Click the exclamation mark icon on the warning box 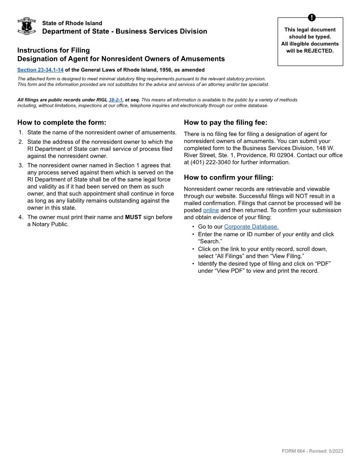tap(311, 18)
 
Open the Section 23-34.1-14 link tap(41, 70)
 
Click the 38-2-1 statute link tap(116, 100)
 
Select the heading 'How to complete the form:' tap(62, 122)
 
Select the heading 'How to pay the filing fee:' tap(225, 122)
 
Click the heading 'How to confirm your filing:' tap(229, 177)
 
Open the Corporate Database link tap(251, 227)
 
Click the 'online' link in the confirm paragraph tap(211, 210)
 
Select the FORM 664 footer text tap(312, 451)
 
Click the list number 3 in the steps tap(20, 165)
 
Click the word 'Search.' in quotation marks tap(210, 241)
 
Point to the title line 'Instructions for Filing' tap(53, 50)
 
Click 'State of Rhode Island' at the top tap(72, 23)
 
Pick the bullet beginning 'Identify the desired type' tap(264, 263)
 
